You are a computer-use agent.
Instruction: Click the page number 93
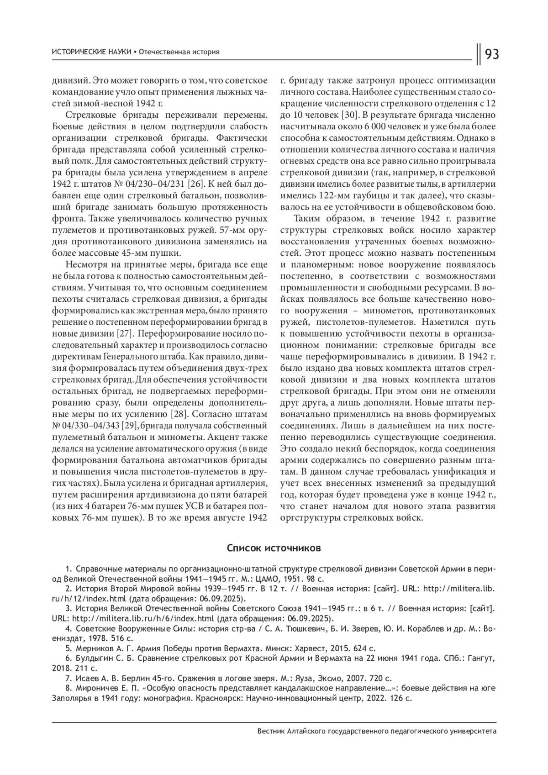(x=491, y=54)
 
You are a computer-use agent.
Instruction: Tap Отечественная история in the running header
(x=179, y=52)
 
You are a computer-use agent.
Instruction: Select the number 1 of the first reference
(x=68, y=569)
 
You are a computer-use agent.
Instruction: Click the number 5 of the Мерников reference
(x=68, y=648)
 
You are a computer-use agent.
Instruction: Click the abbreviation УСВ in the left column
(x=198, y=507)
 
